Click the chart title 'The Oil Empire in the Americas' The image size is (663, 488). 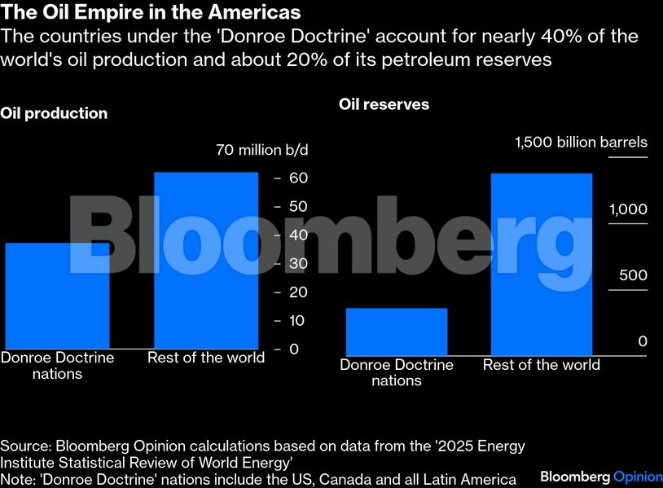pos(151,13)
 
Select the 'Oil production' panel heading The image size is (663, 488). pos(54,113)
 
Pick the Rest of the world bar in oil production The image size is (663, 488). pos(205,261)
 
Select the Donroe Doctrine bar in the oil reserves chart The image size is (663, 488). pos(397,331)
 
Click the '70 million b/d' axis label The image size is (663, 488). pos(262,150)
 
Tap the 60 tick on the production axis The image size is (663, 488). pos(298,178)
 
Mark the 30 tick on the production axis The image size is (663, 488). pos(298,263)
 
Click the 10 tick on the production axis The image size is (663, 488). pos(298,320)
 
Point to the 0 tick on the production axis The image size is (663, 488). pos(294,349)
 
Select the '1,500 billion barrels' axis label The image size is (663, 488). pos(581,143)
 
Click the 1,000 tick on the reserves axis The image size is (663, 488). pos(628,209)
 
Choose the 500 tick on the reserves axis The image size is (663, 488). pos(632,275)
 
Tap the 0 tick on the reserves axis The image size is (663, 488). pos(642,341)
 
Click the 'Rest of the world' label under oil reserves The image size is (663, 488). pos(541,364)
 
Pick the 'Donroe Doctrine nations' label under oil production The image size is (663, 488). pos(57,366)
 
